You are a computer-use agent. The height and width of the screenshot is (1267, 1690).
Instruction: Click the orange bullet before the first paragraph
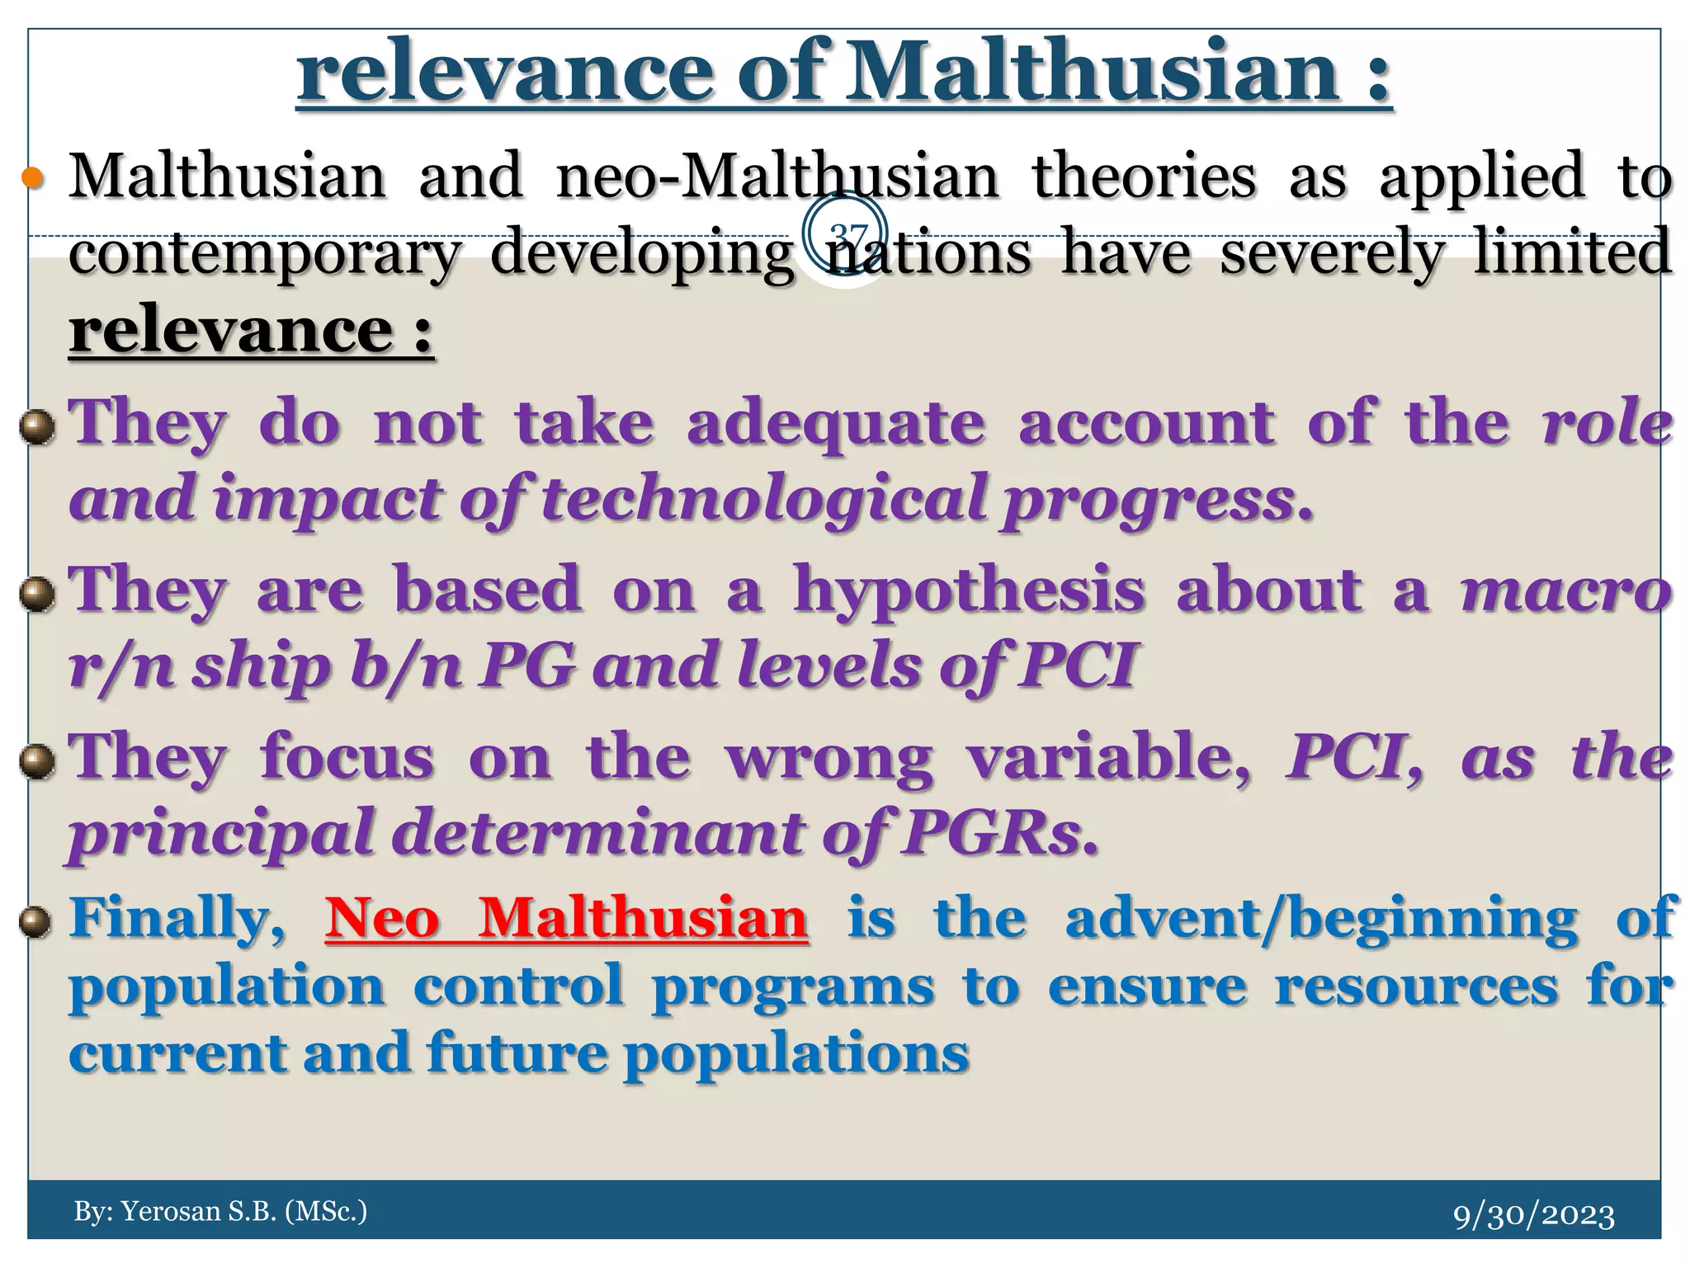[x=32, y=177]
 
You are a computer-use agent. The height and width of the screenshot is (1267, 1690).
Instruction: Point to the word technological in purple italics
[x=763, y=500]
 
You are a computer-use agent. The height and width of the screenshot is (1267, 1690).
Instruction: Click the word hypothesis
[x=969, y=591]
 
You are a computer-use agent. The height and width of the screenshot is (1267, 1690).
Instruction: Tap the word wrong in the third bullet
[x=829, y=758]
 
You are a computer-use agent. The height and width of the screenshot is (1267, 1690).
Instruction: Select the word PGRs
[x=999, y=834]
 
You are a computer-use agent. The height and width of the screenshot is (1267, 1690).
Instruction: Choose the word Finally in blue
[x=177, y=917]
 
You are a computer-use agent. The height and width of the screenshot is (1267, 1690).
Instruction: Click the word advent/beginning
[x=1321, y=917]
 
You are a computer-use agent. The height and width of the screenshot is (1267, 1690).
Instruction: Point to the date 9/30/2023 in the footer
[x=1533, y=1215]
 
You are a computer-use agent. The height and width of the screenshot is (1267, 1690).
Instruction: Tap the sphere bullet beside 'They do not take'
[x=37, y=428]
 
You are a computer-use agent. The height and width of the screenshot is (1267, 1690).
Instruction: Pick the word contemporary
[x=264, y=252]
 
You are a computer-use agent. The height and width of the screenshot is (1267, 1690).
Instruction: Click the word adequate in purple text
[x=835, y=422]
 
